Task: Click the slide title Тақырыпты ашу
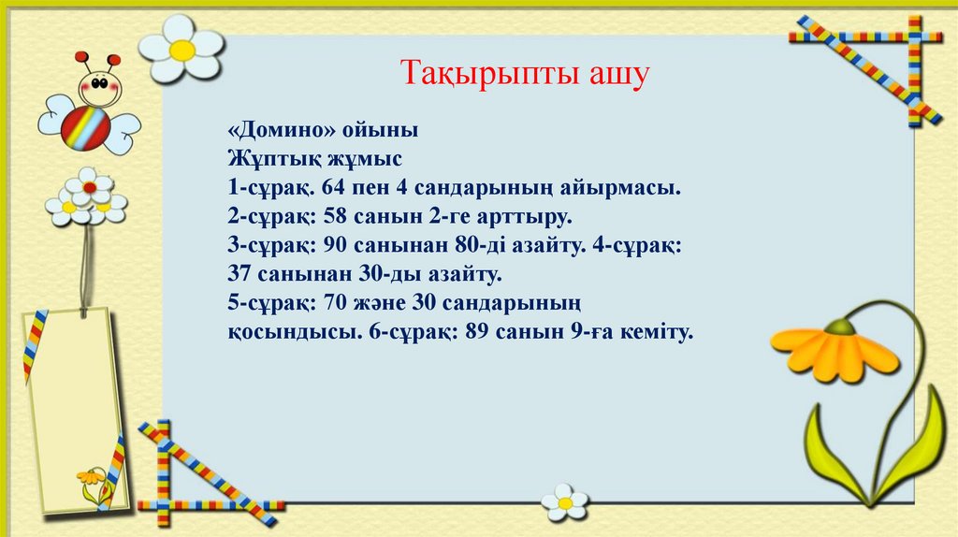click(x=525, y=72)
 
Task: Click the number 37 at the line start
click(x=241, y=275)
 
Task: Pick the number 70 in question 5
click(x=336, y=304)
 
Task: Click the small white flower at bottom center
click(x=565, y=502)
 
